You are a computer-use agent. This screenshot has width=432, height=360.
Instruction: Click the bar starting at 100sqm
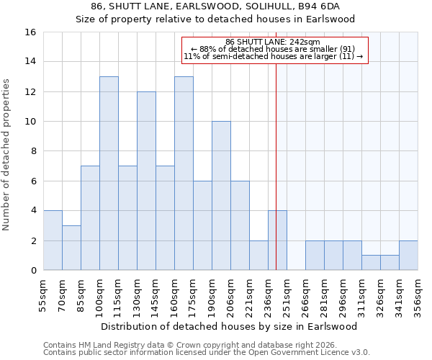click(x=109, y=173)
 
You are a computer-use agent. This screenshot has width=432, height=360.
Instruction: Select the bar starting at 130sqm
click(x=146, y=181)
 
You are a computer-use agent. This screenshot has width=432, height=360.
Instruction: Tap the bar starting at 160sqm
click(x=184, y=173)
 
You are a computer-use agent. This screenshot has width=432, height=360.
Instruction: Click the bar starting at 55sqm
click(x=53, y=240)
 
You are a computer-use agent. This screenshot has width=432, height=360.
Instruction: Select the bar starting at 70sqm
click(x=71, y=248)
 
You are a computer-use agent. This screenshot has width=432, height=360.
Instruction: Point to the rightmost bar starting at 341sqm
click(x=408, y=256)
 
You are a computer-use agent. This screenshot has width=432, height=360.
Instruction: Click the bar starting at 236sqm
click(x=277, y=240)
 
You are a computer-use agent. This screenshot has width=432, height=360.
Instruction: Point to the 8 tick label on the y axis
click(x=33, y=151)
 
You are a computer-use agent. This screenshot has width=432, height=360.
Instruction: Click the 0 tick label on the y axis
click(x=33, y=271)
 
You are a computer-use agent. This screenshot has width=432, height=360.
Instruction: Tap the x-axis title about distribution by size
click(x=230, y=326)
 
